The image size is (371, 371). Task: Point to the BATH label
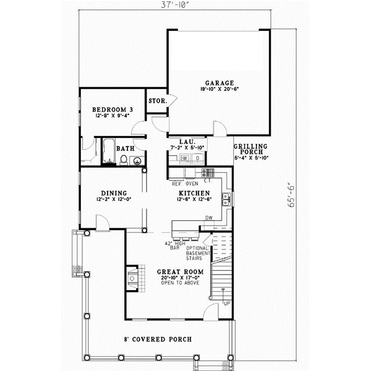[126, 148]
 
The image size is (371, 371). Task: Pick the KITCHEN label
[194, 192]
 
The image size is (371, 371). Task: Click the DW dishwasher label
[209, 217]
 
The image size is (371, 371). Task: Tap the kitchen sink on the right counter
[228, 198]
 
